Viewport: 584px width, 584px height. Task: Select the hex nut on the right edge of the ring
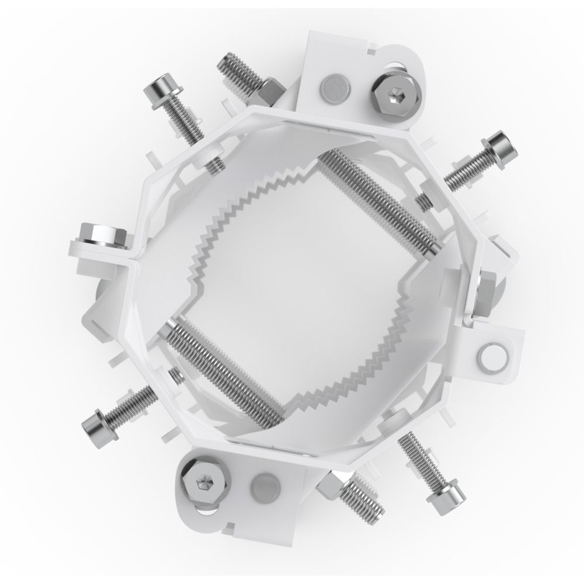coord(486,292)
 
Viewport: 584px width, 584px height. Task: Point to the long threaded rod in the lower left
coord(222,368)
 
